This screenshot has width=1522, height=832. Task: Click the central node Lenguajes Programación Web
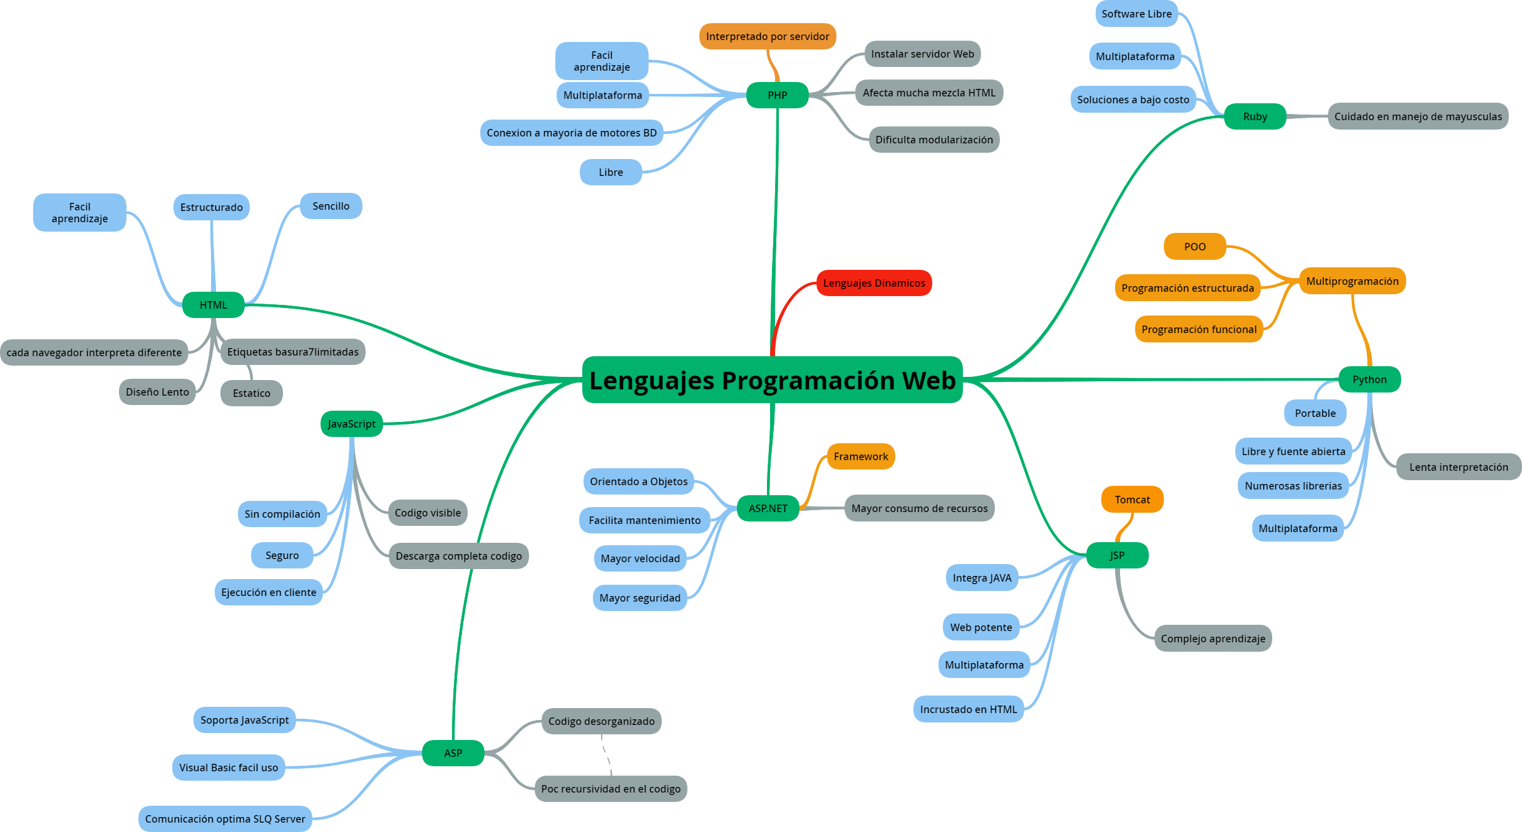[x=772, y=380]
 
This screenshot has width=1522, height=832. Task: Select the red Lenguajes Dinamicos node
[x=873, y=283]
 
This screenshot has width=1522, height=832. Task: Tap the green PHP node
[x=777, y=95]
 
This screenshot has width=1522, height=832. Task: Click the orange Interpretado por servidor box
[x=767, y=36]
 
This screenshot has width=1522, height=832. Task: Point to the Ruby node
[x=1255, y=116]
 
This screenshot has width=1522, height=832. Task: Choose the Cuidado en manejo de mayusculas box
[x=1417, y=116]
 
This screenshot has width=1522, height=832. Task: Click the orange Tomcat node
[x=1132, y=500]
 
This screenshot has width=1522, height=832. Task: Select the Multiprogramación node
[x=1352, y=281]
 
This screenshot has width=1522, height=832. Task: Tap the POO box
[x=1195, y=247]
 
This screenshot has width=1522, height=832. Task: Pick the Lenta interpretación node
[x=1458, y=467]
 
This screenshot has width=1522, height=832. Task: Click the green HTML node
[x=213, y=305]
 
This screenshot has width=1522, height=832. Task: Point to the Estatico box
[x=251, y=393]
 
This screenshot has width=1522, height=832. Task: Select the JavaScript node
[x=351, y=424]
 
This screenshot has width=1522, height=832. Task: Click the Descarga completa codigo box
[x=458, y=556]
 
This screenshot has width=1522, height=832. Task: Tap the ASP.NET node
[x=768, y=508]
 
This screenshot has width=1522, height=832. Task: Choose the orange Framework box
[x=860, y=456]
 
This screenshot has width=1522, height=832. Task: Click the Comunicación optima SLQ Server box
[x=225, y=819]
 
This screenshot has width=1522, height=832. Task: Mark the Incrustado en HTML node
[x=968, y=709]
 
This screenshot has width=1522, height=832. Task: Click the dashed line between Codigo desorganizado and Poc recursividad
[x=607, y=755]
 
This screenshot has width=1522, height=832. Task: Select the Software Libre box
[x=1136, y=14]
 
